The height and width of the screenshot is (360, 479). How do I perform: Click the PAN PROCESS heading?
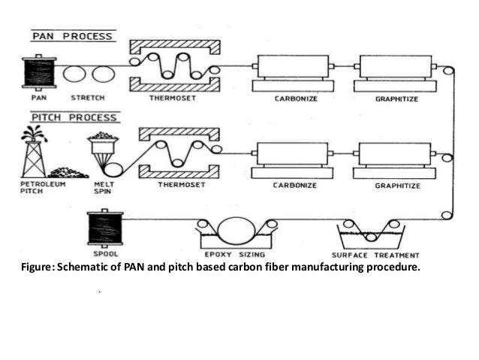(x=71, y=35)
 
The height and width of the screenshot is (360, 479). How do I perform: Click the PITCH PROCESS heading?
(x=74, y=117)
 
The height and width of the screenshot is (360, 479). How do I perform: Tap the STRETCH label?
(x=87, y=98)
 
